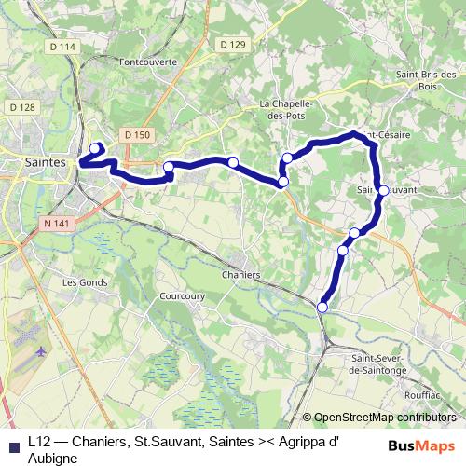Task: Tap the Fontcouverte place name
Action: pyautogui.click(x=148, y=62)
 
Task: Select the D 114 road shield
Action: pyautogui.click(x=63, y=47)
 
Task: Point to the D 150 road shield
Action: pyautogui.click(x=136, y=135)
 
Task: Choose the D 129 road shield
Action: pyautogui.click(x=232, y=44)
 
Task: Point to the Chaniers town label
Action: pyautogui.click(x=241, y=275)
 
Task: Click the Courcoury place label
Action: pyautogui.click(x=182, y=295)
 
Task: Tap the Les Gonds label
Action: pyautogui.click(x=82, y=281)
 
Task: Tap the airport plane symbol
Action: pyautogui.click(x=42, y=351)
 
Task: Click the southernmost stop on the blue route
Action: pyautogui.click(x=322, y=308)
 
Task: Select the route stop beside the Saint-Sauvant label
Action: pyautogui.click(x=383, y=190)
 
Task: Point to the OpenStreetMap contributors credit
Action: pyautogui.click(x=384, y=418)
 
